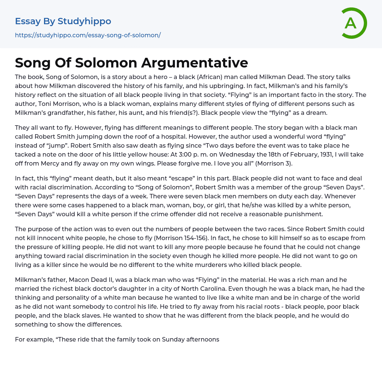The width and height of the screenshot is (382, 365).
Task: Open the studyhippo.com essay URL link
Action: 88,35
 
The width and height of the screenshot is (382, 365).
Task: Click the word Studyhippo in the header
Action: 84,21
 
